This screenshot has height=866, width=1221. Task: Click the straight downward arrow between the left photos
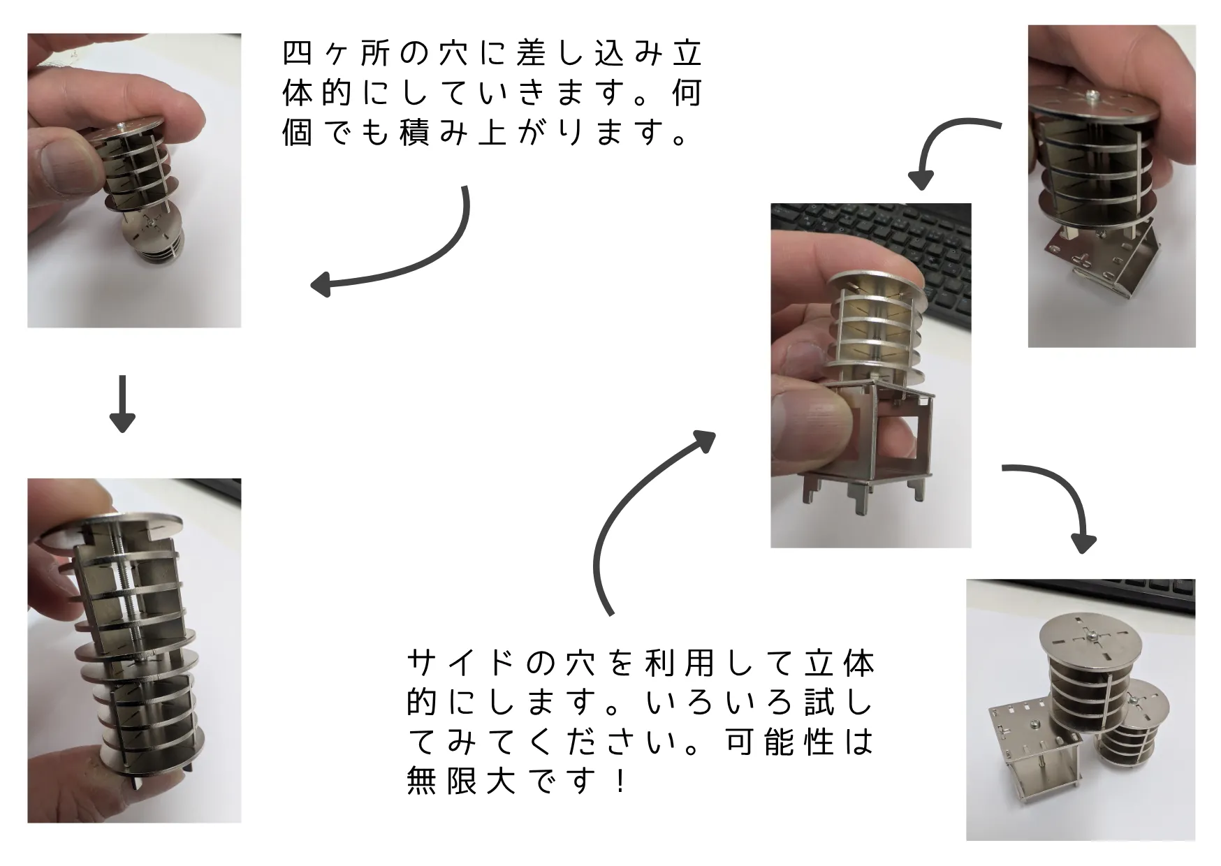(x=122, y=404)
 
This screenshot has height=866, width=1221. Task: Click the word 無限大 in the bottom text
(x=462, y=779)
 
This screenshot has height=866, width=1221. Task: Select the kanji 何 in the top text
(x=687, y=93)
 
